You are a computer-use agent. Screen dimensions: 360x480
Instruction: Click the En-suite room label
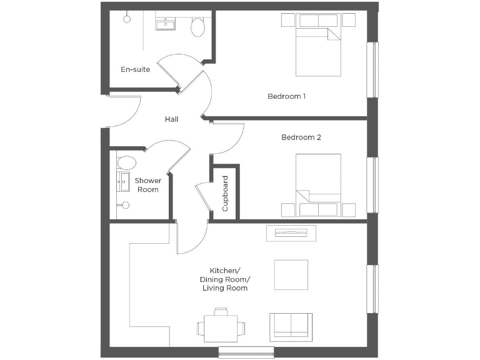(x=135, y=69)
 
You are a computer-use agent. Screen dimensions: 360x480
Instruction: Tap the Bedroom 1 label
(x=286, y=96)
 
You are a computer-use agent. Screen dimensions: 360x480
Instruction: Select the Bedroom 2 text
(x=301, y=137)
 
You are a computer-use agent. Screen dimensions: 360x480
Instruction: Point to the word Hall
(x=172, y=119)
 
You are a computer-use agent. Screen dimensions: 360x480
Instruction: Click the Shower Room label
(x=148, y=185)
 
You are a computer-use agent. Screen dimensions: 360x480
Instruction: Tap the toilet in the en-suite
(x=198, y=27)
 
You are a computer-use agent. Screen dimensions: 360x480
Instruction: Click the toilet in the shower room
(x=126, y=164)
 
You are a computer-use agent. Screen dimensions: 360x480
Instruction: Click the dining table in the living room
(x=221, y=326)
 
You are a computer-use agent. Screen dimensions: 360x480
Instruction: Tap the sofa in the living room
(x=291, y=326)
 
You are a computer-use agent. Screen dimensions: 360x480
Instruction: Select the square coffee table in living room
(x=291, y=275)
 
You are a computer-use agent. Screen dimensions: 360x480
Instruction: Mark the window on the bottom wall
(x=246, y=352)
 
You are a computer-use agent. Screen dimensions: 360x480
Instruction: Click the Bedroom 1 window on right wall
(x=372, y=69)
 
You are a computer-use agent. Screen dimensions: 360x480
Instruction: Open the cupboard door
(x=203, y=199)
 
